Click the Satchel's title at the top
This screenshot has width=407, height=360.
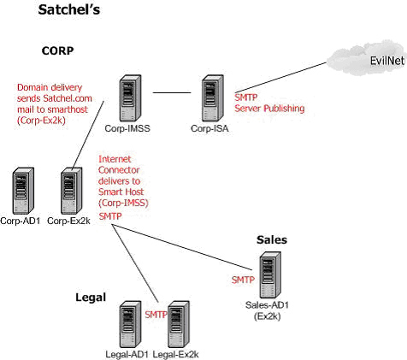point(69,9)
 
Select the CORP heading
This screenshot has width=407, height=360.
point(57,50)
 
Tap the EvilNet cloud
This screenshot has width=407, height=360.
point(367,59)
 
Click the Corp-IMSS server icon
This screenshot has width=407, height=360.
point(130,98)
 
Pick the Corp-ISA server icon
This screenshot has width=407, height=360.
point(213,98)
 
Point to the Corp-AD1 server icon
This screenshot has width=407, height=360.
point(23,191)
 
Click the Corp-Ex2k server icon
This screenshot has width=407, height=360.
point(72,191)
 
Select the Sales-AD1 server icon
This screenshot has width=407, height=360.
point(270,274)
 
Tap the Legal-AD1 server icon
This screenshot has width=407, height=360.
point(130,324)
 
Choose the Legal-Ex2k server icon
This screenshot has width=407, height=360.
point(179,324)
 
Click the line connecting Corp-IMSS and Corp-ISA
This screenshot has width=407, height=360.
point(172,92)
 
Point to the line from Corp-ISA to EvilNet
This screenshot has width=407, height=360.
point(280,77)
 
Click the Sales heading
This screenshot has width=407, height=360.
point(272,239)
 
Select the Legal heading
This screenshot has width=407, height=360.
point(91,298)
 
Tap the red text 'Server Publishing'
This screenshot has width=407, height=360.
point(269,109)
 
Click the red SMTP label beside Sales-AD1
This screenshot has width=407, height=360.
point(243,280)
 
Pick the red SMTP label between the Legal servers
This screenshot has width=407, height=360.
point(156,315)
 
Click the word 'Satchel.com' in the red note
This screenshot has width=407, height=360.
point(68,98)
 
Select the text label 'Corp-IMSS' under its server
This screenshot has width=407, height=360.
point(127,128)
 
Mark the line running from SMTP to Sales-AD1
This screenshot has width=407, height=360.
point(182,247)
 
